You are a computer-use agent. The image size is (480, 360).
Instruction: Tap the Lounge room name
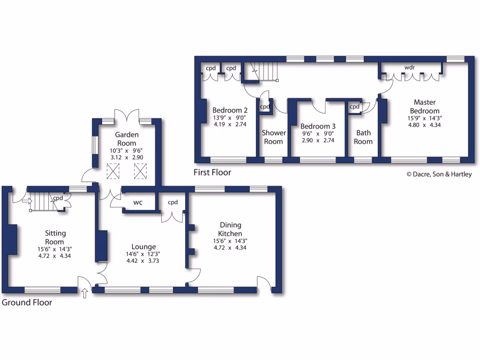click(x=143, y=247)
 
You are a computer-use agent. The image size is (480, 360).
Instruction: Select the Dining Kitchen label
click(x=230, y=230)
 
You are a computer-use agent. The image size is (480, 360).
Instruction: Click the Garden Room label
click(x=127, y=139)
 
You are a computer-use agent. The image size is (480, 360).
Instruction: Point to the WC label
click(x=138, y=203)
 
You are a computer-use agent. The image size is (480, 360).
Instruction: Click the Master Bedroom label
click(x=424, y=106)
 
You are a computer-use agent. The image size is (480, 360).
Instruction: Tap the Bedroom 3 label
click(x=318, y=126)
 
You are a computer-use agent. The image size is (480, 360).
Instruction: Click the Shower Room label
click(x=273, y=137)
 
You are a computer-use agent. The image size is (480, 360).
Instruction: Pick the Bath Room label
click(x=363, y=137)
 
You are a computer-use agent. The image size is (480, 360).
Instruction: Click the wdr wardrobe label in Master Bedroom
click(x=410, y=67)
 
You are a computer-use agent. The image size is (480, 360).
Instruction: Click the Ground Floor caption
click(x=27, y=302)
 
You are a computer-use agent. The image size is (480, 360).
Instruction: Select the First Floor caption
click(x=212, y=172)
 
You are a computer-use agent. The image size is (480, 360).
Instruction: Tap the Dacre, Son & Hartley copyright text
click(x=439, y=174)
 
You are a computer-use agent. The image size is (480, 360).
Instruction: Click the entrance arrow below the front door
click(x=85, y=294)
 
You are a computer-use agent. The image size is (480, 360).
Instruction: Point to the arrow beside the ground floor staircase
click(x=26, y=202)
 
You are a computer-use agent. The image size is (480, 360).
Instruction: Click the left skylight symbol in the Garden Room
click(x=113, y=171)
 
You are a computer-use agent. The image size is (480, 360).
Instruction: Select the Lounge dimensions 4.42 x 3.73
click(x=143, y=261)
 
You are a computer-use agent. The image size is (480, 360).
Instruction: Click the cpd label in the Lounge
click(x=172, y=202)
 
